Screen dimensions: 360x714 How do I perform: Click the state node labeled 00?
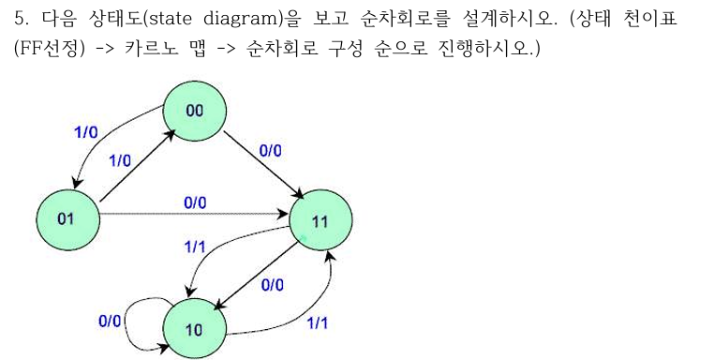[x=194, y=111]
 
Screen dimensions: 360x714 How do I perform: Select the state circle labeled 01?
[x=66, y=218]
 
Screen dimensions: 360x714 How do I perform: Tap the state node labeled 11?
[x=320, y=221]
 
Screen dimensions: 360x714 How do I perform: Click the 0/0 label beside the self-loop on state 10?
[x=110, y=321]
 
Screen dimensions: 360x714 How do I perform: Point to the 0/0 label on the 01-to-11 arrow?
[x=195, y=202]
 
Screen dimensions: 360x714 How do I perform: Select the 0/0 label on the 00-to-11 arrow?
[x=270, y=150]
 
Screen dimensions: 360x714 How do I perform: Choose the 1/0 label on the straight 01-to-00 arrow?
[x=119, y=160]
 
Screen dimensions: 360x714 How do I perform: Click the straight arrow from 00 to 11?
[x=260, y=164]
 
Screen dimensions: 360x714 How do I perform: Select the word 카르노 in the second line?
[x=144, y=48]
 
